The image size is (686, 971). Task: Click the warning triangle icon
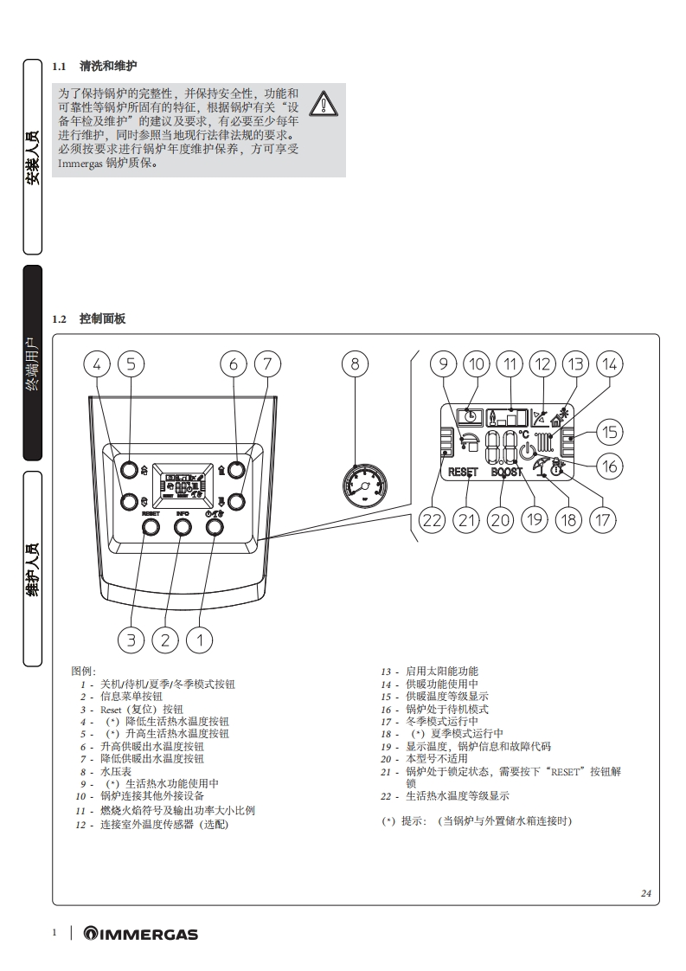tap(325, 103)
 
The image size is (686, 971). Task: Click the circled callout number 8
tap(355, 364)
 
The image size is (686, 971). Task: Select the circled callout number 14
tap(609, 364)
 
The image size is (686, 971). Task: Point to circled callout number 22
tap(433, 519)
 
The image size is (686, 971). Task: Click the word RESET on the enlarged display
tap(463, 473)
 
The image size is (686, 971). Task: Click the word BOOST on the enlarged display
tap(507, 473)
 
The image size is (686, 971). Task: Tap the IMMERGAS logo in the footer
tap(140, 934)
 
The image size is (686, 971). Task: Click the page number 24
tap(645, 893)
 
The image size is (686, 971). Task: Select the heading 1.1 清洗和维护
tap(94, 66)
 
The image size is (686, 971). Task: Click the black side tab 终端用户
tap(32, 363)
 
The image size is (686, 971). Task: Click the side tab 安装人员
tap(32, 157)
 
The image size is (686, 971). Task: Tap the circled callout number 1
tap(200, 640)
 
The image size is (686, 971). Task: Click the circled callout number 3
tap(131, 640)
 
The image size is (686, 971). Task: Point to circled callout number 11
tap(510, 364)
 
